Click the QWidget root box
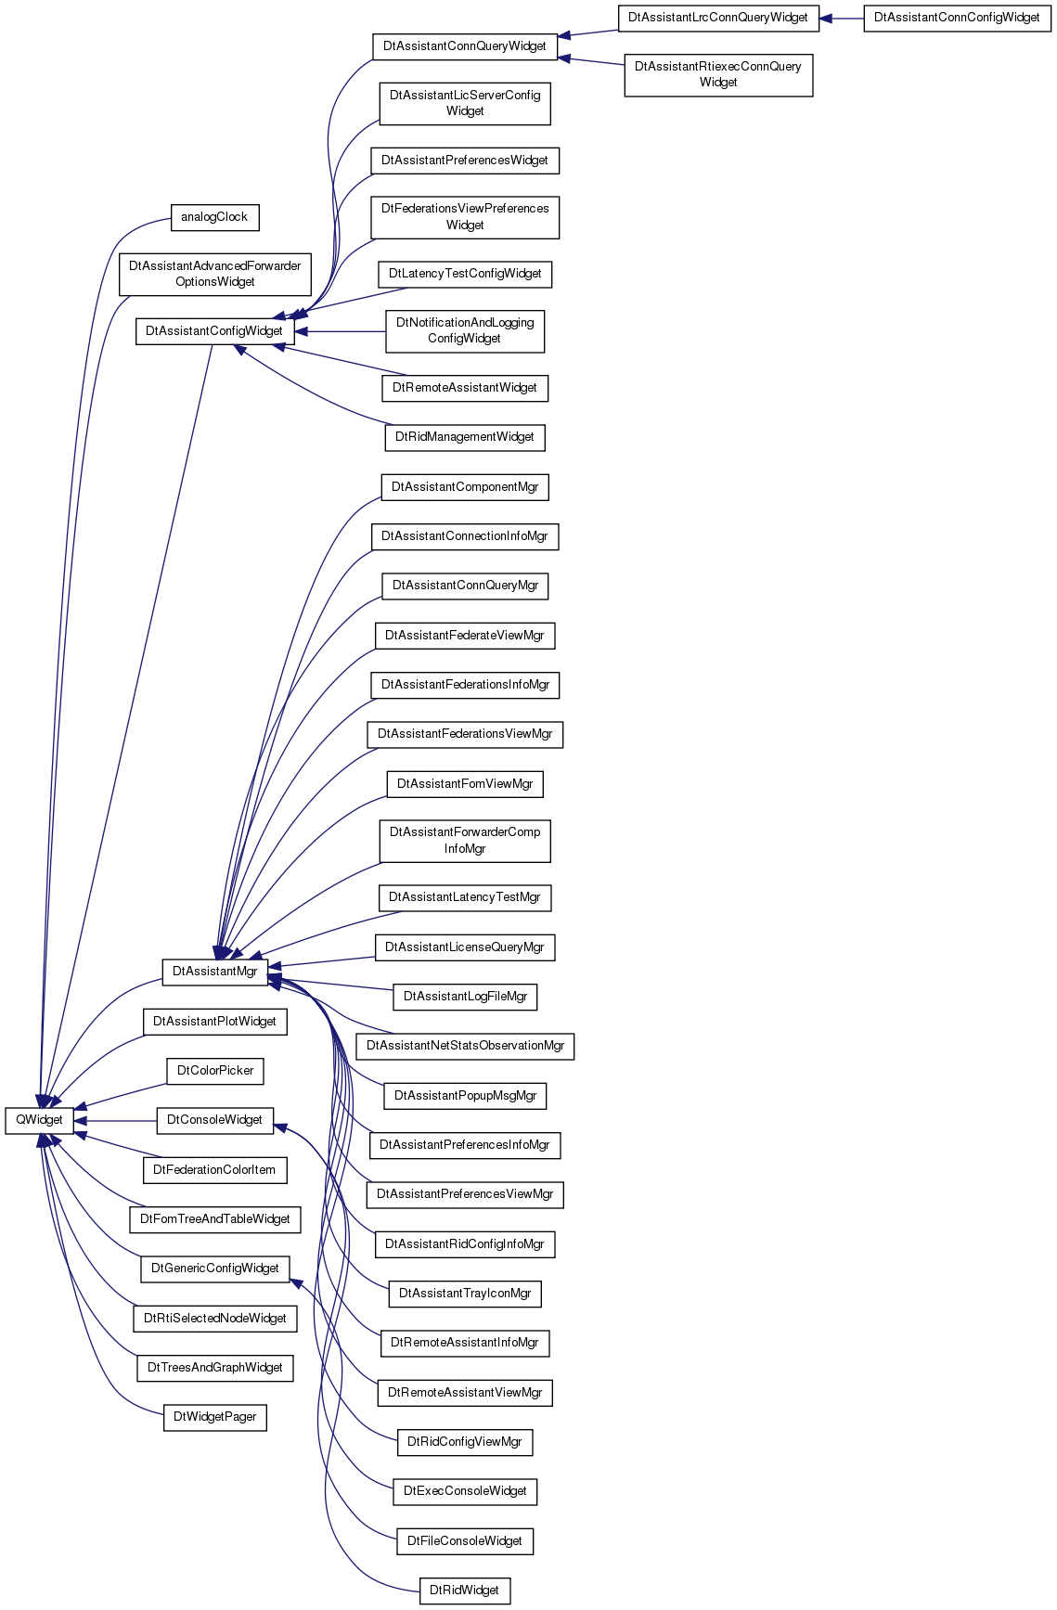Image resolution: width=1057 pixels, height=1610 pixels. (39, 1120)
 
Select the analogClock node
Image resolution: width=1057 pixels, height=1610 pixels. (214, 217)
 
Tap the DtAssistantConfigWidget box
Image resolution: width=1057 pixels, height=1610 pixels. (214, 331)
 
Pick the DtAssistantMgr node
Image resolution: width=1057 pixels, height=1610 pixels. (214, 972)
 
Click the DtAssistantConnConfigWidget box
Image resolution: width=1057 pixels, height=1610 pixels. (957, 18)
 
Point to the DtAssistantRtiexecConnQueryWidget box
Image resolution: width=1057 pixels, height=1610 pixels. (718, 74)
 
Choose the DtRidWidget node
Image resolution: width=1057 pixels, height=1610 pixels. (464, 1591)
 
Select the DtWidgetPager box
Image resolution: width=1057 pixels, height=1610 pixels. (214, 1417)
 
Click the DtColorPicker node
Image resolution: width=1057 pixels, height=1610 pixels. (215, 1071)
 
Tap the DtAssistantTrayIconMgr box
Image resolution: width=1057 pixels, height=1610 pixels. (465, 1294)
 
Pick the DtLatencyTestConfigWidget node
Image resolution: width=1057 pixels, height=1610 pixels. (465, 274)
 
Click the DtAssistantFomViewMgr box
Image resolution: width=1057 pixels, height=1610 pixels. (465, 784)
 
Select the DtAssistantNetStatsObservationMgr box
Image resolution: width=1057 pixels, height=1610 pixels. (465, 1046)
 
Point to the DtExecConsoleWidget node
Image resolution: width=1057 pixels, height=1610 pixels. (465, 1491)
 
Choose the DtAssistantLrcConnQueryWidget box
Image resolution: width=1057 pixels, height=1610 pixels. (718, 18)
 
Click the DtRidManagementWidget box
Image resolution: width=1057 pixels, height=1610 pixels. (465, 437)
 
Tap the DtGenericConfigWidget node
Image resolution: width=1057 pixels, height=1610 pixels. (214, 1269)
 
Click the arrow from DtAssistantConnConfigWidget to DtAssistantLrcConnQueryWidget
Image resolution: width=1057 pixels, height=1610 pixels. (842, 18)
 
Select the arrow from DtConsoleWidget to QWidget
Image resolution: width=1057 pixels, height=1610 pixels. (115, 1120)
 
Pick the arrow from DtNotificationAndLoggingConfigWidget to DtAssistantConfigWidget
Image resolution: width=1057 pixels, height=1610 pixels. (340, 331)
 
